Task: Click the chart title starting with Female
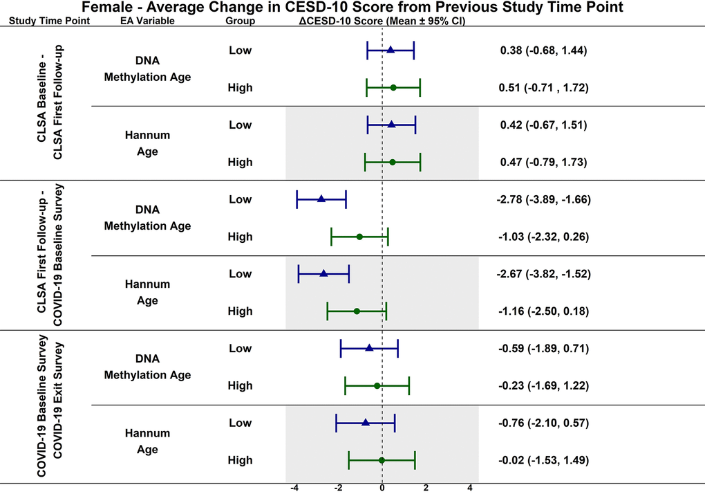tap(352, 8)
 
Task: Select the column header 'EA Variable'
tap(147, 21)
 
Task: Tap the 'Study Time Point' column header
tap(49, 21)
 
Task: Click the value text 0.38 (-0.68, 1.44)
tap(543, 51)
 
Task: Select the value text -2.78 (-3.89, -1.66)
tap(543, 199)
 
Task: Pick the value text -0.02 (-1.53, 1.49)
tap(543, 460)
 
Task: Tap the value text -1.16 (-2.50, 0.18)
tap(543, 311)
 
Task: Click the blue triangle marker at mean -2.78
tap(321, 199)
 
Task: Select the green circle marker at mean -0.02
tap(382, 460)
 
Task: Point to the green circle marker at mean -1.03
tap(359, 237)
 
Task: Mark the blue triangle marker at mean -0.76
tap(366, 423)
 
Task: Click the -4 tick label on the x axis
tap(294, 488)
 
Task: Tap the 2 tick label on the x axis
tap(426, 488)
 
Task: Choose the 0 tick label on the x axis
tap(382, 488)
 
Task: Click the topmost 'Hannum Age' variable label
tap(147, 143)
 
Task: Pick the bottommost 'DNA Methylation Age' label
tap(147, 367)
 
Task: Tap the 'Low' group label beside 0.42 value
tap(240, 125)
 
